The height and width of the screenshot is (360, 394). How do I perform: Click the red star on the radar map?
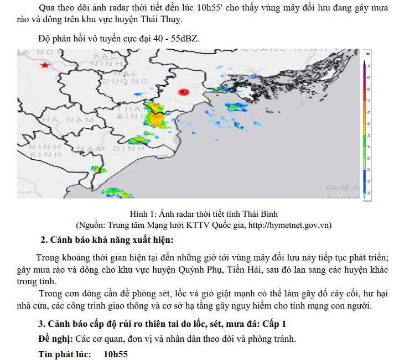point(44,65)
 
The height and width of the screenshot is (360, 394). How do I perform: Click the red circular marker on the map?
point(183,92)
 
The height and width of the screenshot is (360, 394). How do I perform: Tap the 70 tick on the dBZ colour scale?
point(369,66)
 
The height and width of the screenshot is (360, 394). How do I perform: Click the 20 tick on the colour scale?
point(369,169)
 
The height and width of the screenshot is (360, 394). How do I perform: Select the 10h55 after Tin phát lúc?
point(116,353)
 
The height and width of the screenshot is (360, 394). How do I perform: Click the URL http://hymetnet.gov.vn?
point(284,225)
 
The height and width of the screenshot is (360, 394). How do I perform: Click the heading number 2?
point(44,239)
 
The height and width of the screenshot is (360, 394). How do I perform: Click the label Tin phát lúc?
point(64,353)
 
